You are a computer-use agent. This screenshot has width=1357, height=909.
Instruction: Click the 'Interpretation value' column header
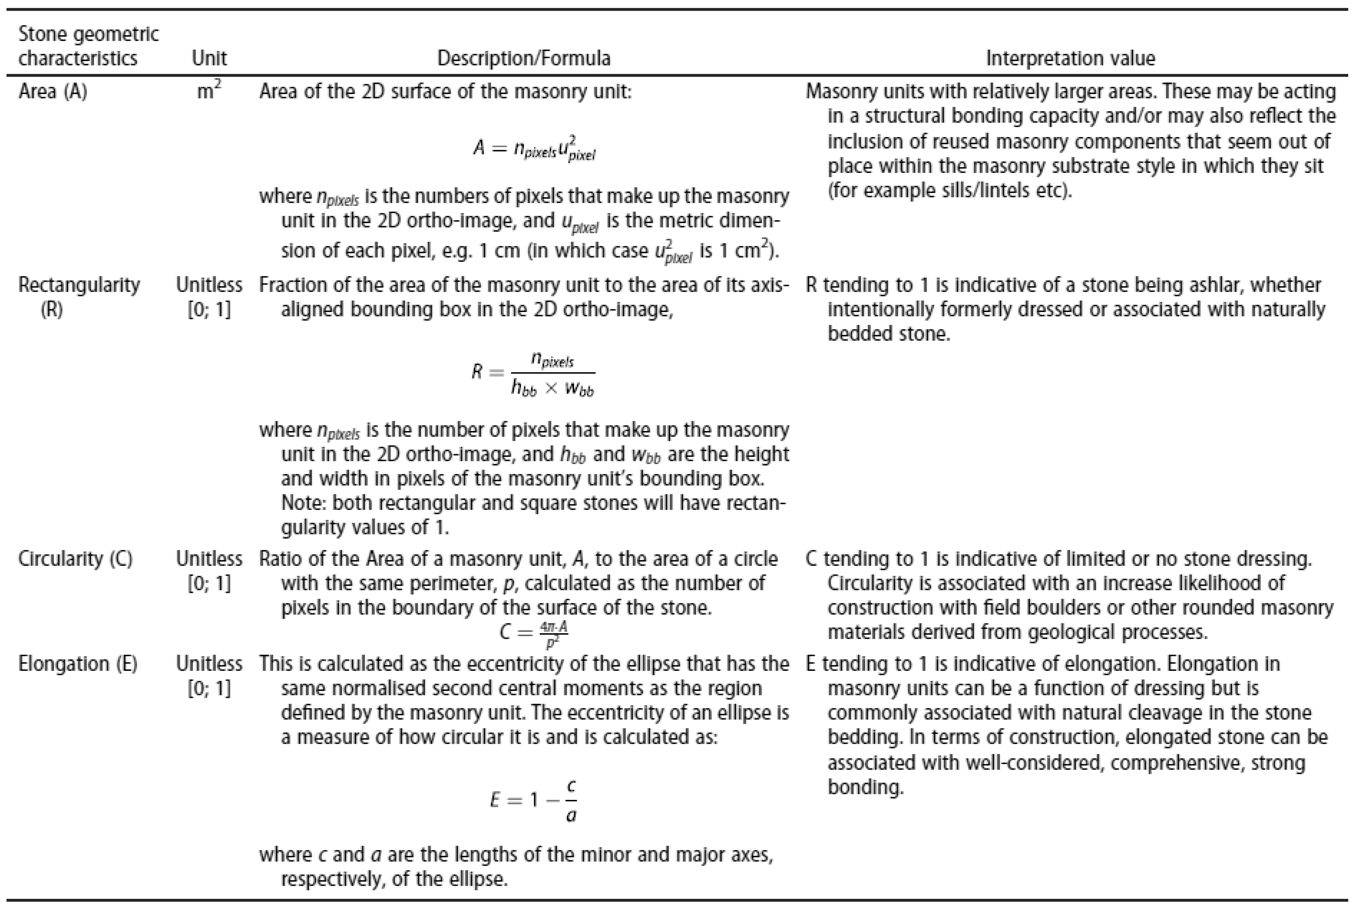point(1070,58)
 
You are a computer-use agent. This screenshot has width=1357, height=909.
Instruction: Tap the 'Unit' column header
point(209,58)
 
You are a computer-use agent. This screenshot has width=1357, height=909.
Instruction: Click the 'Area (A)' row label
point(53,92)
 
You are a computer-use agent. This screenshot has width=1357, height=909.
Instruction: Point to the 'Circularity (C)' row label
point(75,559)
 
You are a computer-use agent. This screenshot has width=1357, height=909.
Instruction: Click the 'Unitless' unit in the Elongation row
point(209,664)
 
